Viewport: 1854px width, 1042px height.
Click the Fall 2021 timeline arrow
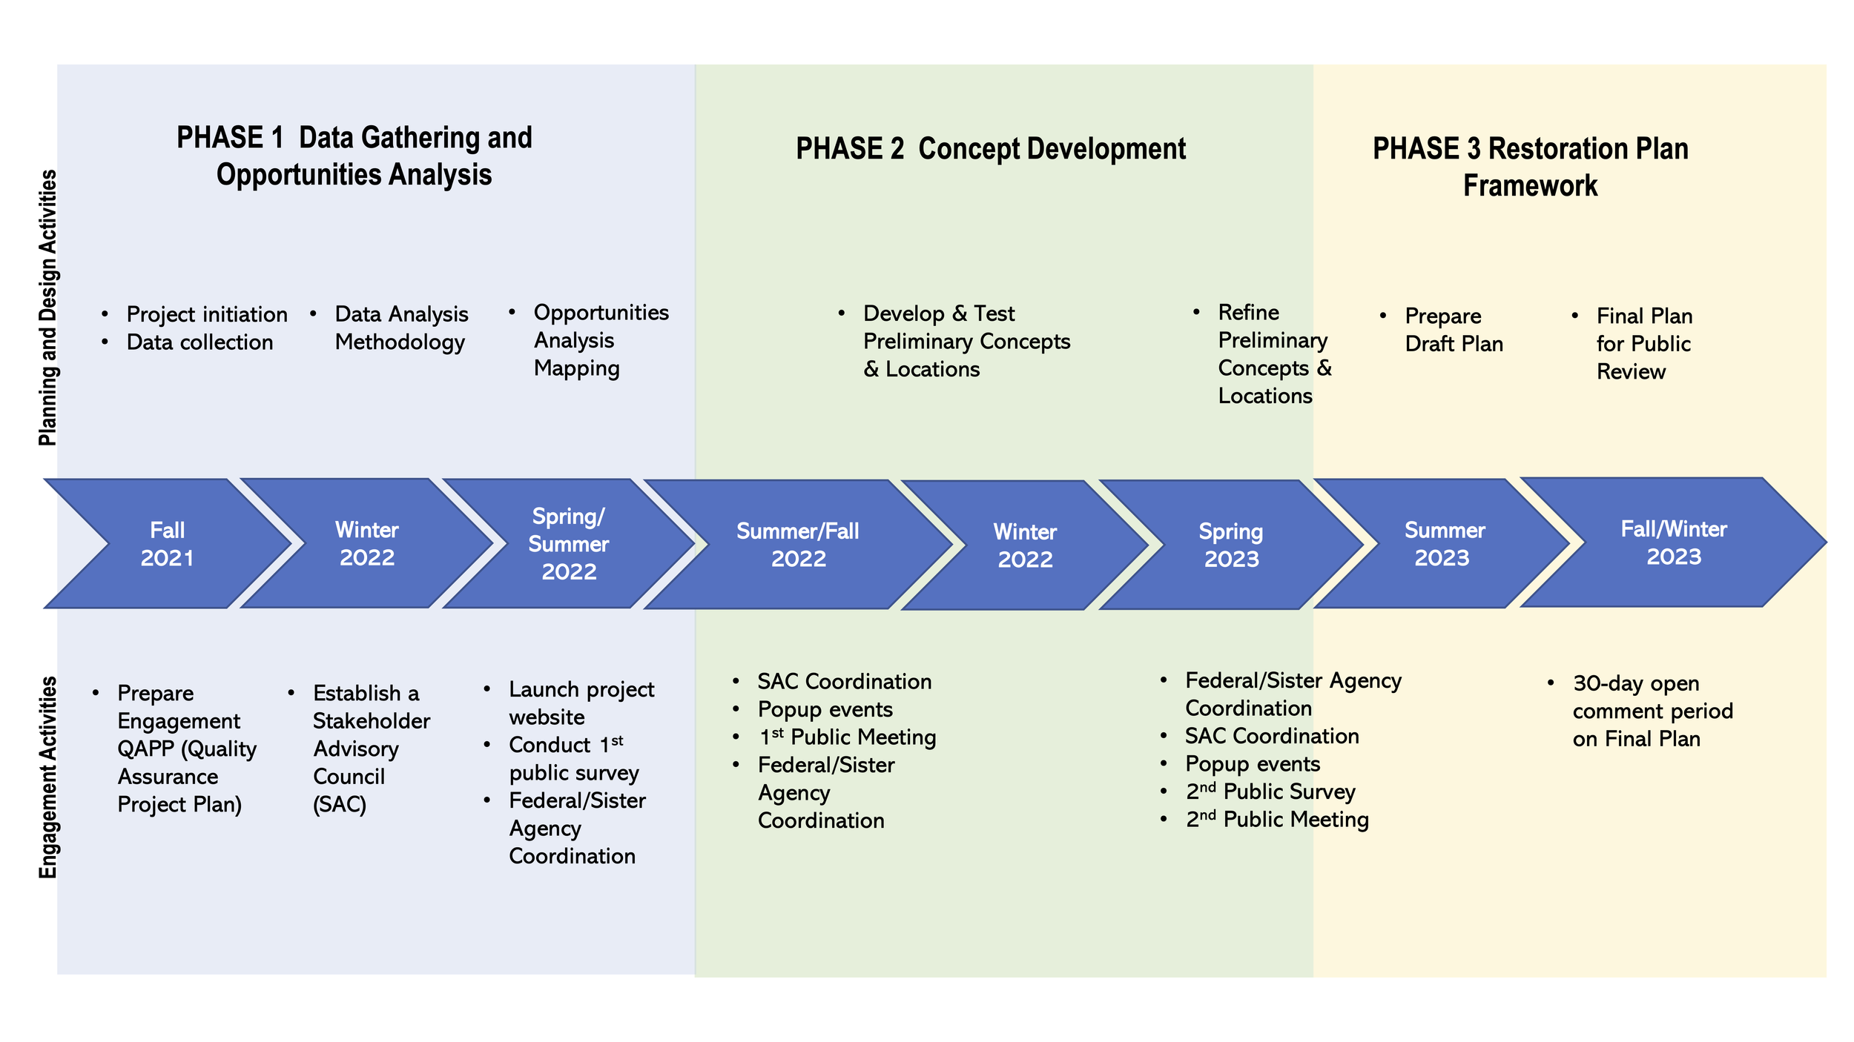[168, 544]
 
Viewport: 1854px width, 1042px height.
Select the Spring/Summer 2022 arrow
[568, 544]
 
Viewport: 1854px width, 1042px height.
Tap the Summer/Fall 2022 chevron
[797, 545]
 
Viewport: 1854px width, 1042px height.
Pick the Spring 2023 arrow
[1231, 545]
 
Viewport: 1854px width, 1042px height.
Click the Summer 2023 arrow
[1443, 544]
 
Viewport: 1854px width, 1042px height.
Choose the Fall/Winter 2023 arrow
[1673, 542]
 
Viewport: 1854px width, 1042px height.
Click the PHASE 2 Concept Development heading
[990, 149]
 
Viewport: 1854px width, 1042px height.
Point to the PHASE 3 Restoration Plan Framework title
[1530, 167]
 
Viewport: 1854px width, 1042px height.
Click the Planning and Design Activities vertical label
[47, 308]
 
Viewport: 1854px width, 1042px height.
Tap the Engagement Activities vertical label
[47, 777]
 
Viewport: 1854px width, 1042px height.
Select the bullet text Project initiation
[206, 314]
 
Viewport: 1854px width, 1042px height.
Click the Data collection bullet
[199, 342]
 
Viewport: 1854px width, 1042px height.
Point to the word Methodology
[400, 342]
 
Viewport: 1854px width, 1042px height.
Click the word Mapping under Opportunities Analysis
[576, 368]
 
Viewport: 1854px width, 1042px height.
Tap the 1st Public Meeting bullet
[847, 737]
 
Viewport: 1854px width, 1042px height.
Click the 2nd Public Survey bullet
[1270, 792]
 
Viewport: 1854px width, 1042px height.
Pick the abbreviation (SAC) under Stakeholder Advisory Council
[340, 804]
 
